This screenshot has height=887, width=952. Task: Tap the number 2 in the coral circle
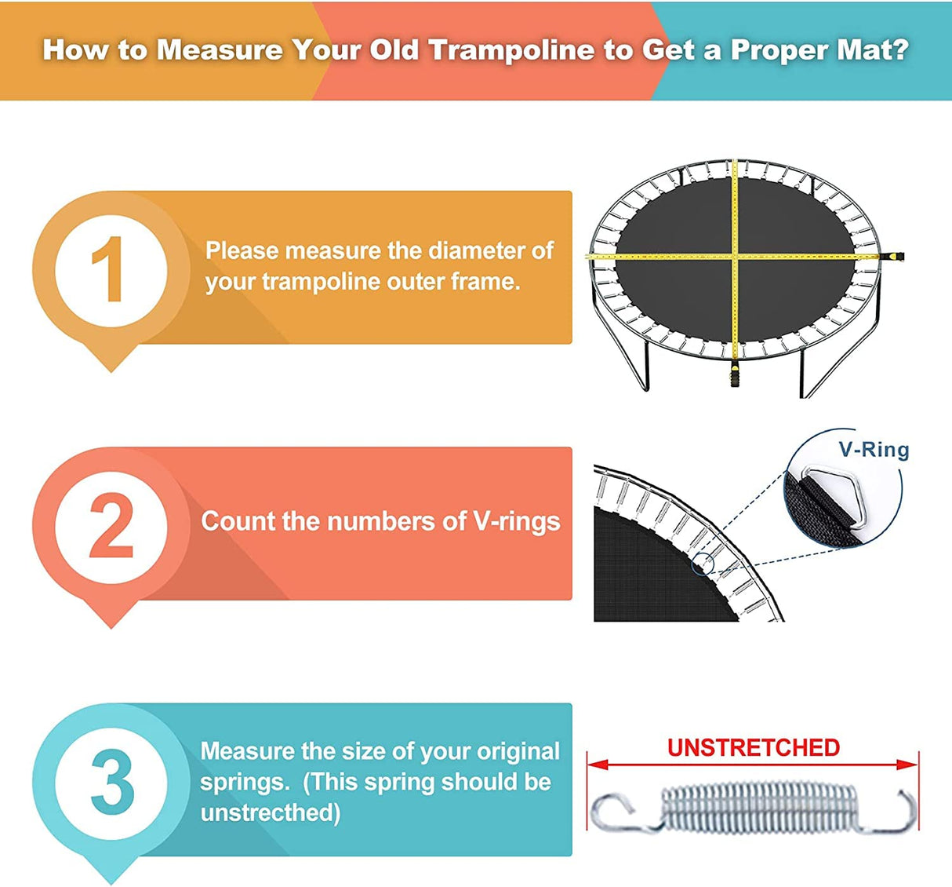tap(111, 526)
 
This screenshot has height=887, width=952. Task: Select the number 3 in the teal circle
tap(111, 783)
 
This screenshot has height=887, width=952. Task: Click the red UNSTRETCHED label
tap(753, 747)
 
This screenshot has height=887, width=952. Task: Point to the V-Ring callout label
tap(874, 450)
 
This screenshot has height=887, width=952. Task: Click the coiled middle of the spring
tap(753, 809)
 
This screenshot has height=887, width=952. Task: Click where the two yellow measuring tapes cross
tap(735, 256)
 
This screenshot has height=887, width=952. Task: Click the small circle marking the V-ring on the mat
tap(703, 562)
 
